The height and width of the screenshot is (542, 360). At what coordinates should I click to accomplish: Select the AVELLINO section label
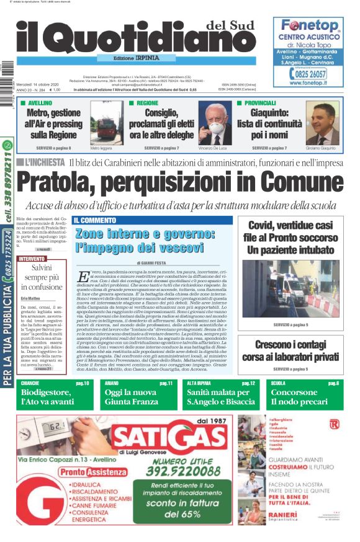[x=40, y=103]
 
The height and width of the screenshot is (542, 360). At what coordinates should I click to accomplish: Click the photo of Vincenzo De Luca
[x=214, y=125]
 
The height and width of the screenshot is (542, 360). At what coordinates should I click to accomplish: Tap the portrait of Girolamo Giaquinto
[x=322, y=125]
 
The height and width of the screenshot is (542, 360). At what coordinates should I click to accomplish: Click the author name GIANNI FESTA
[x=152, y=263]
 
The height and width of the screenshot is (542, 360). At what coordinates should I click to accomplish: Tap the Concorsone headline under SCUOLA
[x=294, y=393]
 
